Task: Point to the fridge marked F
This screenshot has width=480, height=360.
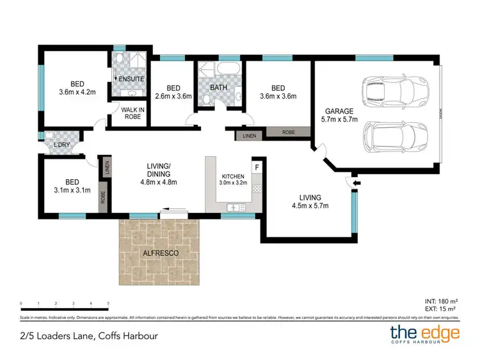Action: (257, 168)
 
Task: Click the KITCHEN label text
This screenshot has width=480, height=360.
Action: (232, 176)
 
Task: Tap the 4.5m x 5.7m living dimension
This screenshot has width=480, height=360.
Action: (310, 205)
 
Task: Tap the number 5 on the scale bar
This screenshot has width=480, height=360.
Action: (108, 303)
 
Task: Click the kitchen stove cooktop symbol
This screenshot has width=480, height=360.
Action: (257, 189)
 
